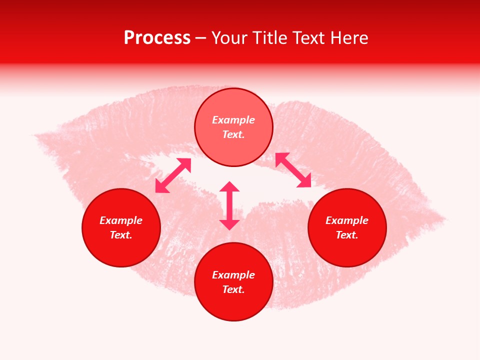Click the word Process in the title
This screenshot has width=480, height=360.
pos(157,38)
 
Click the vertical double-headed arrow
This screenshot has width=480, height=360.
pos(229,205)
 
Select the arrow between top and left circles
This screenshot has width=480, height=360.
pos(173,175)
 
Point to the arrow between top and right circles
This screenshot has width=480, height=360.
pos(293,170)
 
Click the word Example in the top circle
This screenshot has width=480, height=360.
pos(233,120)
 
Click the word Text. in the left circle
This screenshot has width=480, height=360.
pos(121,235)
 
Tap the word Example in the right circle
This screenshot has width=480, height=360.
pos(347,220)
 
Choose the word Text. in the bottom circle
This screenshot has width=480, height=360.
pos(233,289)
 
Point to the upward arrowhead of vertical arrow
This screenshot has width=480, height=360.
pos(229,186)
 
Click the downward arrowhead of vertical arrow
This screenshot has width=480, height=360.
pos(229,224)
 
